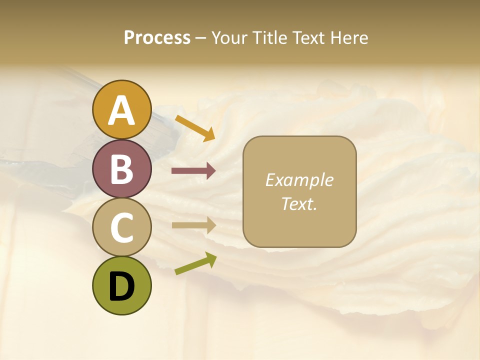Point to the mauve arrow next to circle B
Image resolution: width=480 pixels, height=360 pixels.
click(x=193, y=171)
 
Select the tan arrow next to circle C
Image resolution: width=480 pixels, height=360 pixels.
click(x=193, y=225)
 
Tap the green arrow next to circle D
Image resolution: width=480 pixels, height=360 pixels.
click(x=195, y=264)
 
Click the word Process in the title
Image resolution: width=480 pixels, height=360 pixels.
click(x=157, y=38)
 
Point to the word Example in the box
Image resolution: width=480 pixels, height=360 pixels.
click(x=299, y=180)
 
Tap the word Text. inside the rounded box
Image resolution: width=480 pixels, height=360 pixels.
click(x=299, y=204)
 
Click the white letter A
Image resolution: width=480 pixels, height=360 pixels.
click(x=122, y=111)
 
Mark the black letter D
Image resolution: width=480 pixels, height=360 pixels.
click(x=122, y=286)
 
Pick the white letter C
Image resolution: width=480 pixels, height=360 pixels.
click(x=122, y=227)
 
